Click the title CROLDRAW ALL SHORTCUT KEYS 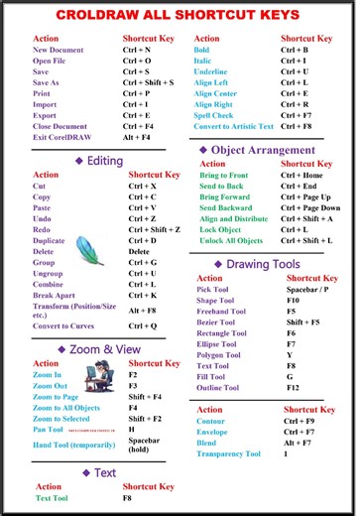tap(180, 15)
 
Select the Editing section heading tap(99, 160)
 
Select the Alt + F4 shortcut tap(137, 139)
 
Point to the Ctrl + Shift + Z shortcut tap(154, 228)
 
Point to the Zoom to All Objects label tap(66, 407)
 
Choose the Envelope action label tap(213, 433)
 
